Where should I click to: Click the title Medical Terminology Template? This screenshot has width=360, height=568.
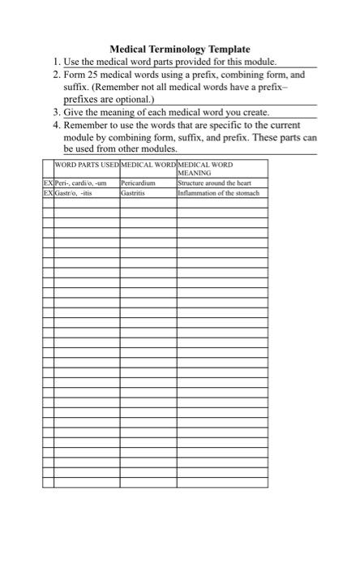179,49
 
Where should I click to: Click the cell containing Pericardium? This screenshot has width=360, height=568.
137,184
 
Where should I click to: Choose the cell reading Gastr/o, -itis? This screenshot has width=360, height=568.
74,194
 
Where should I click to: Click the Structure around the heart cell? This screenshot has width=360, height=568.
209,184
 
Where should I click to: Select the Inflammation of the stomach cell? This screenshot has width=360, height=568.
218,194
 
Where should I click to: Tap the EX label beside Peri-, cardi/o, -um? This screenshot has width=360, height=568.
48,184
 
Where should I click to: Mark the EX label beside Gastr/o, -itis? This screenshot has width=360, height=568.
48,194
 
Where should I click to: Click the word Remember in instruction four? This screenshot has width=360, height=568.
87,125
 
